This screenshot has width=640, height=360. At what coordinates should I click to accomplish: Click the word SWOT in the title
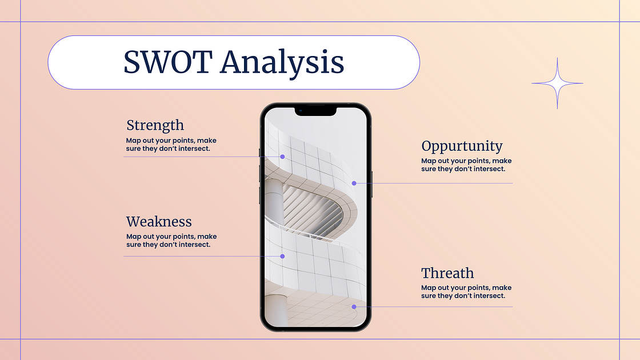click(168, 62)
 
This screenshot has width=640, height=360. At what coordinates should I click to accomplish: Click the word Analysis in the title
click(282, 64)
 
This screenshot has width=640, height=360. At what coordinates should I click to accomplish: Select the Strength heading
click(155, 126)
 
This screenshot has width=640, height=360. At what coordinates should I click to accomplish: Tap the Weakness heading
click(159, 222)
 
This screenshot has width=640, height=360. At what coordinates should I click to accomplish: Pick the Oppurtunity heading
click(462, 146)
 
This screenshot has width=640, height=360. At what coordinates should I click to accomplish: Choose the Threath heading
click(447, 273)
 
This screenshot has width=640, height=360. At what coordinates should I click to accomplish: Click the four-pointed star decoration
click(557, 83)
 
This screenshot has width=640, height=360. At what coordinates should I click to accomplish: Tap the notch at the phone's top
click(315, 111)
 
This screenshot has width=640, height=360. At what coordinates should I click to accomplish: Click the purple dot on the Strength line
click(282, 157)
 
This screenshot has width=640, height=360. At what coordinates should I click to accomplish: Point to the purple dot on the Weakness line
click(282, 257)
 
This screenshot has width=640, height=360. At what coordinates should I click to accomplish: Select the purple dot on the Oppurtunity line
click(354, 183)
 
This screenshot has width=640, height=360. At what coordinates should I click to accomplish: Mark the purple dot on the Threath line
click(354, 306)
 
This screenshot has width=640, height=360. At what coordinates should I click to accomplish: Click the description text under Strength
click(171, 145)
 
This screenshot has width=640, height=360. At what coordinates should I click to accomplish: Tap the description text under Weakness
click(171, 241)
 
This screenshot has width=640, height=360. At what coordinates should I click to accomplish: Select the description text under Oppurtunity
click(466, 165)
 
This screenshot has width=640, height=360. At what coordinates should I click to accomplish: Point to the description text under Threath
click(466, 292)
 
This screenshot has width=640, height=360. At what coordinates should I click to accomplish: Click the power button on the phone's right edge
click(372, 184)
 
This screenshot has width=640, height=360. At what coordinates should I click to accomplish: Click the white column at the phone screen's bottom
click(277, 310)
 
